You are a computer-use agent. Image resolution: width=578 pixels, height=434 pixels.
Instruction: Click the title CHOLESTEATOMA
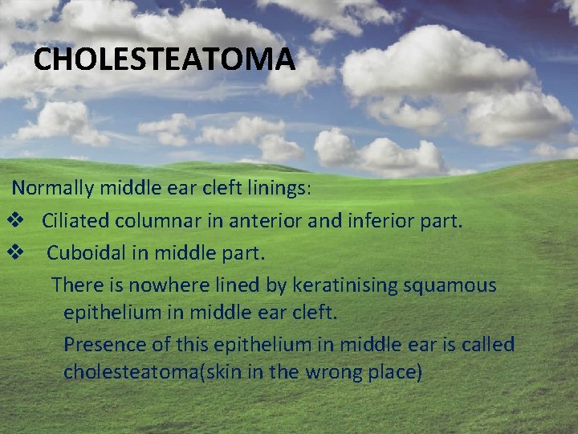click(165, 60)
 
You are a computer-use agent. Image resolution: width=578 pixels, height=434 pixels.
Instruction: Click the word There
click(75, 285)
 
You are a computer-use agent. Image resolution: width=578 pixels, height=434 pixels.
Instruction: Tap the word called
click(486, 345)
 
